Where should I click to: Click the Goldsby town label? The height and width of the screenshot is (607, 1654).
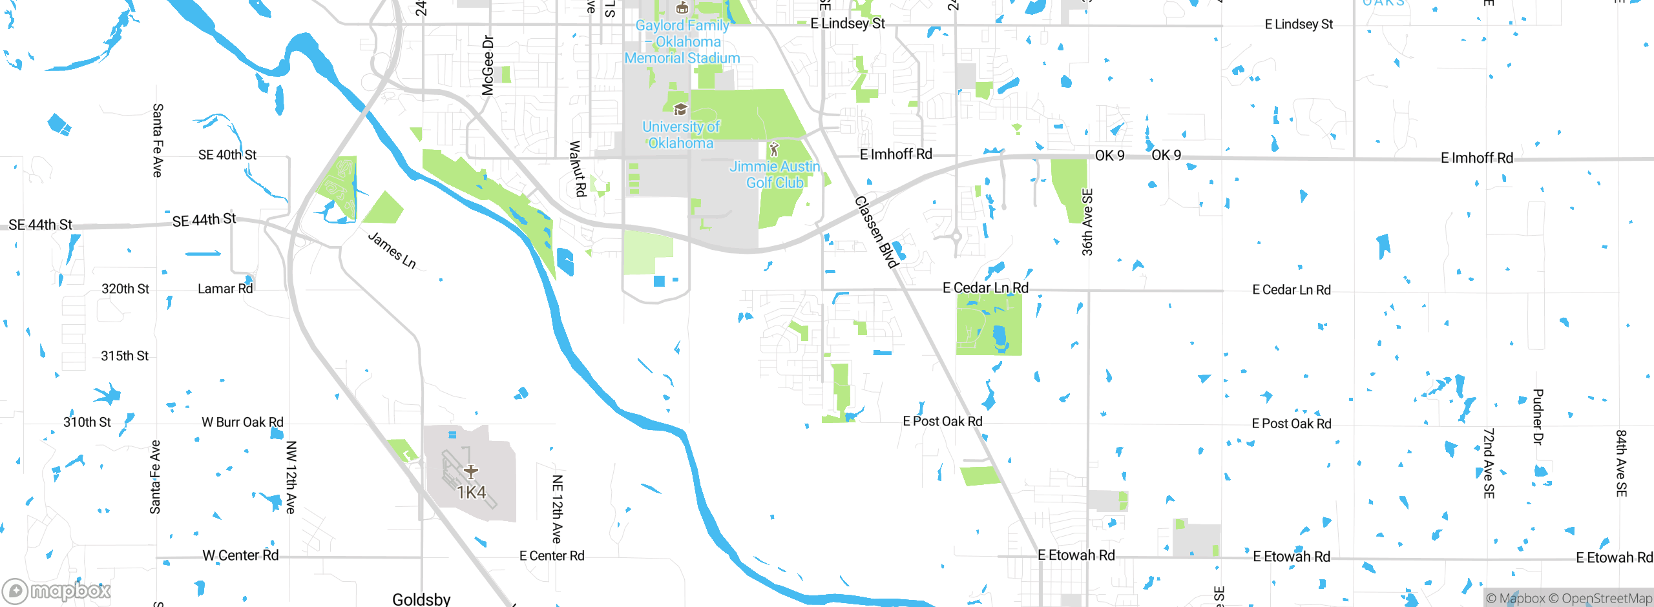tap(421, 599)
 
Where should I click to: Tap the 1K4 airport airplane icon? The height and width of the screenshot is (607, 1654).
tap(471, 471)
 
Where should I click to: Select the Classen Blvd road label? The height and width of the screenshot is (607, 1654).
tap(876, 232)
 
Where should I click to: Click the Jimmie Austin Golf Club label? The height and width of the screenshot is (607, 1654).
tap(775, 174)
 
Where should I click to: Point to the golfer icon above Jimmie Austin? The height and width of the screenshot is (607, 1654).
tap(774, 150)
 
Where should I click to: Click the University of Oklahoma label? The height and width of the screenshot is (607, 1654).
tap(681, 134)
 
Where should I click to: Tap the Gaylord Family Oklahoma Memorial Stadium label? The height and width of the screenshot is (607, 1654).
tap(682, 42)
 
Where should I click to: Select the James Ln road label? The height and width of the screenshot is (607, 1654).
tap(392, 250)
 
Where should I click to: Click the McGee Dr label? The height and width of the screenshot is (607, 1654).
tap(488, 65)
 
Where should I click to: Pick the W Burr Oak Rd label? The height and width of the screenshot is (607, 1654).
tap(242, 422)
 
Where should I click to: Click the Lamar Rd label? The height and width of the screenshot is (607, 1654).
tap(225, 289)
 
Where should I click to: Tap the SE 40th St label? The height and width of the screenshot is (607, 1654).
tap(227, 155)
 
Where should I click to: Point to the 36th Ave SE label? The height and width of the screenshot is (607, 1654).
tap(1087, 222)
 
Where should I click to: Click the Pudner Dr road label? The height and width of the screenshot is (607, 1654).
tap(1538, 417)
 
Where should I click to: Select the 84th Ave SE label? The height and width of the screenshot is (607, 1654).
tap(1621, 463)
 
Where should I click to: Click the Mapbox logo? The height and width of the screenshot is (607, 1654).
tap(57, 590)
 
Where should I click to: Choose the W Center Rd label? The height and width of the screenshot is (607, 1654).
tap(240, 555)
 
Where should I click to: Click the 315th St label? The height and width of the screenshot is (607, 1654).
tap(125, 356)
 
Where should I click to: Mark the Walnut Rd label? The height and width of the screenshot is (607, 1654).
tap(577, 169)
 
